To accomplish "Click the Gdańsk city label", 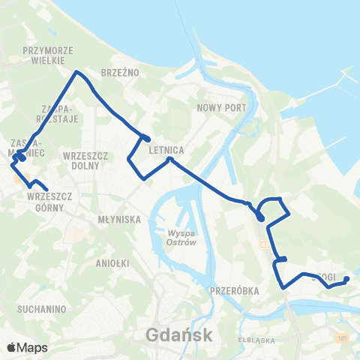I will [180, 334].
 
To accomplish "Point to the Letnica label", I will [166, 149].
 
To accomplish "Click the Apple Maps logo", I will [27, 347].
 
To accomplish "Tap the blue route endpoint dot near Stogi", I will [346, 280].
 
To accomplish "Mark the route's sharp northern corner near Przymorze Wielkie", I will [76, 72].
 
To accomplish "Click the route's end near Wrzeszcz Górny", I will [46, 189].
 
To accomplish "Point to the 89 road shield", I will [265, 244].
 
